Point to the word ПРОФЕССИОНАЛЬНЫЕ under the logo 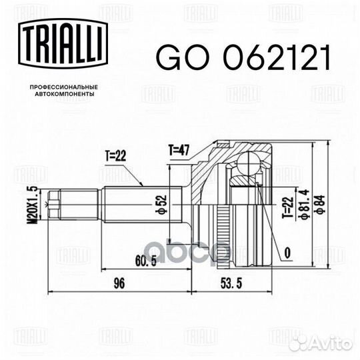pyautogui.click(x=65, y=87)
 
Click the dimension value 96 pyautogui.click(x=119, y=283)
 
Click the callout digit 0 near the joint pyautogui.click(x=287, y=252)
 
